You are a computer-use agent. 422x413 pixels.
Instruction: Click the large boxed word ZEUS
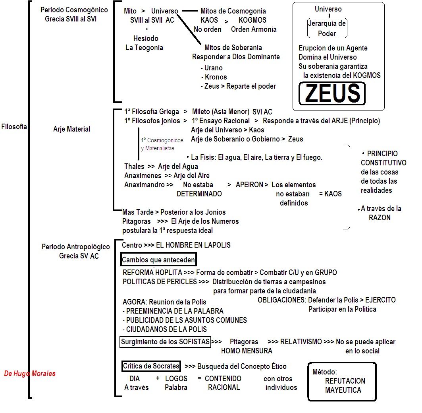332,93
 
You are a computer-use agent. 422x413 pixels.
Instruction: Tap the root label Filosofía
14,127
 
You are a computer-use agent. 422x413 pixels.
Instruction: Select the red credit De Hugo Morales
30,373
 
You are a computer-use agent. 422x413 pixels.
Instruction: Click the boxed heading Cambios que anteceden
158,260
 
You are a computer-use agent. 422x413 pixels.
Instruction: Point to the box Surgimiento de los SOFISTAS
165,342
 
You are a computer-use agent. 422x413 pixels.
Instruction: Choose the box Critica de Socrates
151,366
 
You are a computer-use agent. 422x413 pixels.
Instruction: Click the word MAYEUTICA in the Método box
343,390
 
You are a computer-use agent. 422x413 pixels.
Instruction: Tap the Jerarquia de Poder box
327,28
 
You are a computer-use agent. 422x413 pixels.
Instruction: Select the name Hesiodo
146,39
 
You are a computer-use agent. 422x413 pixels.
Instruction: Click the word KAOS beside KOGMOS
209,20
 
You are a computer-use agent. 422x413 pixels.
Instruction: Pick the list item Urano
213,68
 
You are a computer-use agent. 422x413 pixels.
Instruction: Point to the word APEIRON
249,185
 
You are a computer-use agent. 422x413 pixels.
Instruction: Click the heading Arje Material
71,129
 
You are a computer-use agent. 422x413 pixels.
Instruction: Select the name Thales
134,167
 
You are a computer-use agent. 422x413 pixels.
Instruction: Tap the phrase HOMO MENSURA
247,351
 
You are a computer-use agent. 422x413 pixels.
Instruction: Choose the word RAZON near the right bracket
380,217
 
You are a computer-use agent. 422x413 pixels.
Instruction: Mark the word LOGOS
176,378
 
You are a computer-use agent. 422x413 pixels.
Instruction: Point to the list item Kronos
216,77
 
